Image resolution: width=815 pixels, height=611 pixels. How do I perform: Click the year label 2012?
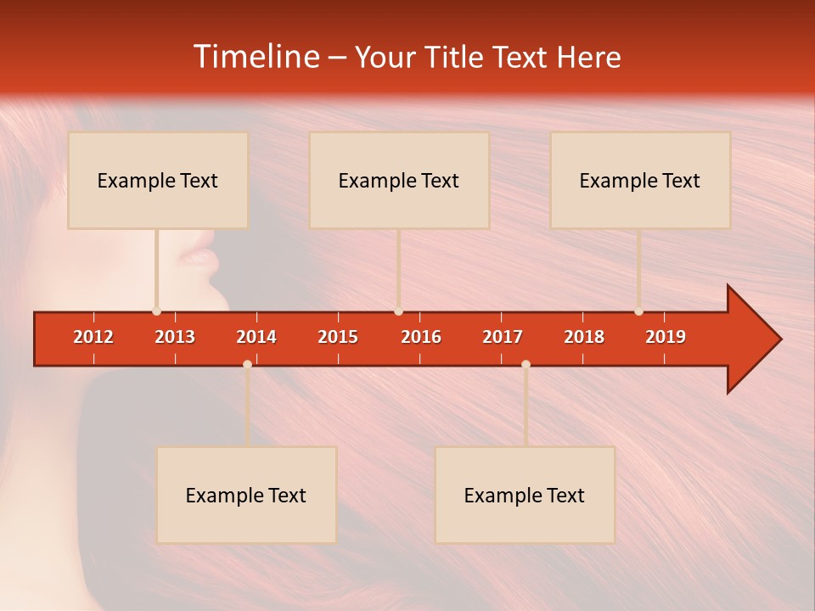[x=93, y=337]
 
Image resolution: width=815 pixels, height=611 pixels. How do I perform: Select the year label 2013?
[x=175, y=337]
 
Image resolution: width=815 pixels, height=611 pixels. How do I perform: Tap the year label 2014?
[x=256, y=337]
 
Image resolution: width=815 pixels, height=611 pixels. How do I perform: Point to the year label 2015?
[x=338, y=337]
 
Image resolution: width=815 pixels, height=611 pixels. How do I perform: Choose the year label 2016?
[x=421, y=337]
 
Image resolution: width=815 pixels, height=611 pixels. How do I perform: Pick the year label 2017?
[x=503, y=337]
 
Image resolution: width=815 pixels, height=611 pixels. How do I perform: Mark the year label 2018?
[x=584, y=337]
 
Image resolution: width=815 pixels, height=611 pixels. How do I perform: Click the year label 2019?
[x=666, y=337]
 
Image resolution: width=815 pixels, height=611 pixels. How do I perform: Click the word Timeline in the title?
[x=256, y=57]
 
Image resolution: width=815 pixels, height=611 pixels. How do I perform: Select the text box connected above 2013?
[x=158, y=180]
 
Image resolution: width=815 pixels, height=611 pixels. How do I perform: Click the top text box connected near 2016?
[x=399, y=180]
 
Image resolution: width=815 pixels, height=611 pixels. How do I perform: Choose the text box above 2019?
[x=640, y=180]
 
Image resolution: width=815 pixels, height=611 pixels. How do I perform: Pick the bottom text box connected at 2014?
[x=246, y=495]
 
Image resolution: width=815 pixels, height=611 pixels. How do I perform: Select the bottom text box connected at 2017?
[x=525, y=495]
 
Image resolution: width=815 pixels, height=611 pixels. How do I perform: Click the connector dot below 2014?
[x=247, y=364]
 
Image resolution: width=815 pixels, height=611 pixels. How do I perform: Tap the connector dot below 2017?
[x=526, y=364]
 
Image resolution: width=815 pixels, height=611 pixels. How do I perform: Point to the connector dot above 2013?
[x=156, y=311]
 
